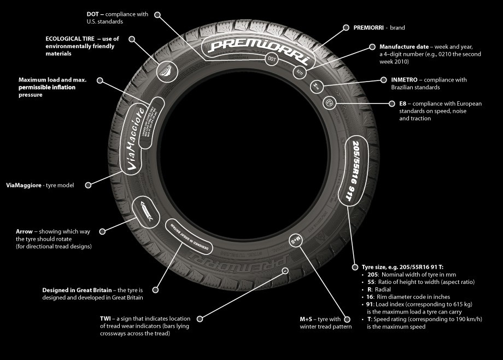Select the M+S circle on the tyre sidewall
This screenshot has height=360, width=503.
pyautogui.click(x=295, y=240)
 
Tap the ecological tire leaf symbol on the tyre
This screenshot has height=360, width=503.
pyautogui.click(x=163, y=71)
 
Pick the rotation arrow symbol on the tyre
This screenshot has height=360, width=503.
pyautogui.click(x=147, y=211)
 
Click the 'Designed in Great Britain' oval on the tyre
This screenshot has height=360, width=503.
pyautogui.click(x=189, y=236)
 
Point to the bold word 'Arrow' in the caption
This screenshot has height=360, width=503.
pyautogui.click(x=25, y=232)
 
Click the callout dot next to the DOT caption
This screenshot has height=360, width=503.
pyautogui.click(x=158, y=14)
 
